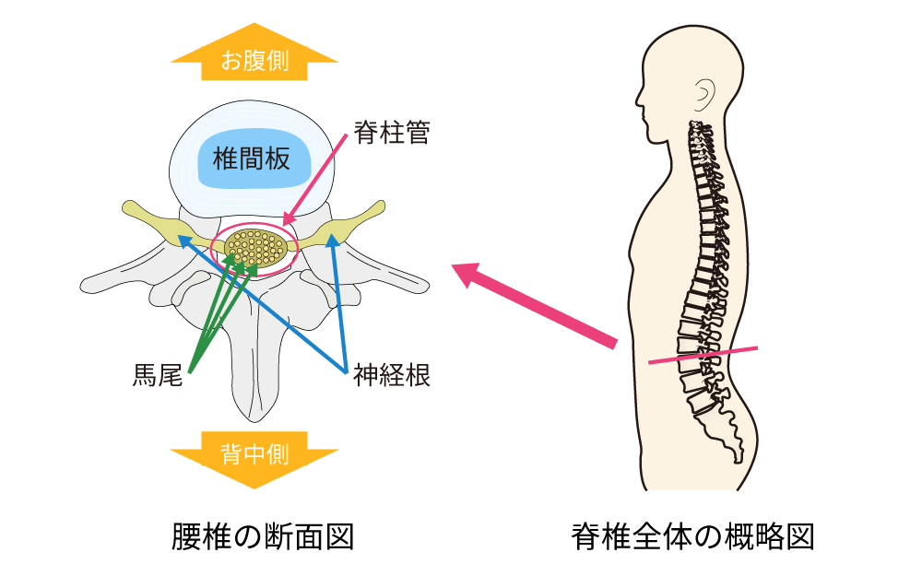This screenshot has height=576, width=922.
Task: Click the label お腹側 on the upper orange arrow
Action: (254, 61)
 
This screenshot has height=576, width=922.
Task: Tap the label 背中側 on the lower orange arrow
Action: (254, 453)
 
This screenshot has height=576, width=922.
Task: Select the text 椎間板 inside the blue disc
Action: (251, 159)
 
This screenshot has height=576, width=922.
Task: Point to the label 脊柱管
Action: (392, 133)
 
